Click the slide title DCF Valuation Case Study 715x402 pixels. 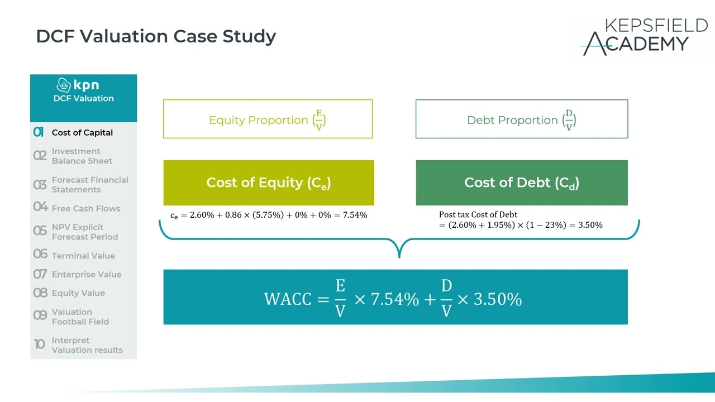pos(156,36)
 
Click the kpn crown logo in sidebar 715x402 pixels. pos(64,85)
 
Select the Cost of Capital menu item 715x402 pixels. pos(82,133)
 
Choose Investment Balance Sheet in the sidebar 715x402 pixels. pos(82,156)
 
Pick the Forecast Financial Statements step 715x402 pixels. pos(89,185)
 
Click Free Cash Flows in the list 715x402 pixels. pos(85,209)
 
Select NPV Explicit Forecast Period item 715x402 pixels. pos(84,232)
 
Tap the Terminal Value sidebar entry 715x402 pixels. pos(83,256)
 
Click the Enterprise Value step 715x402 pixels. pos(86,275)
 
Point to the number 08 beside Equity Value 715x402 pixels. pos(40,293)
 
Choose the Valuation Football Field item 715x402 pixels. pos(80,317)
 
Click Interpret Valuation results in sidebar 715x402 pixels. pos(87,345)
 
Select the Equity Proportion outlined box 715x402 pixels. pos(268,119)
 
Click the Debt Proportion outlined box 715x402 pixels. pos(521,119)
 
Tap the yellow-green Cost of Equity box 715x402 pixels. pos(268,183)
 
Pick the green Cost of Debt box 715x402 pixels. pos(521,183)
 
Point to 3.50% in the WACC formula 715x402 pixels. pos(497,300)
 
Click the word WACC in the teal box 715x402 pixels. pos(287,300)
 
